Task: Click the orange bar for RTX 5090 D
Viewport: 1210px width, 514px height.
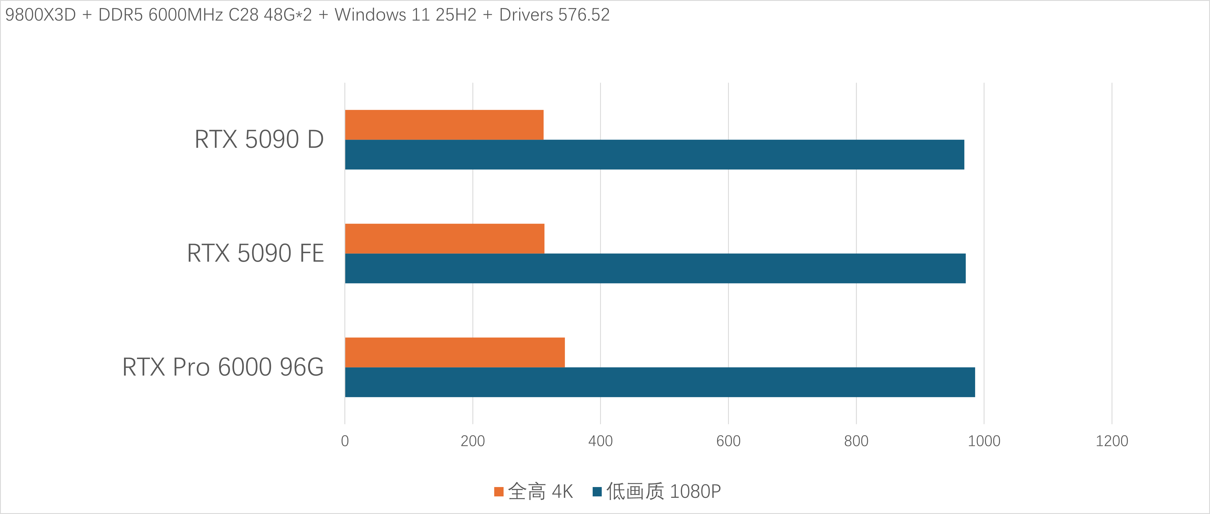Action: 444,125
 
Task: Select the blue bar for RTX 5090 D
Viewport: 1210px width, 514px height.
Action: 654,155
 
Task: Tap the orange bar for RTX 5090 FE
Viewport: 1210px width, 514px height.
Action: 444,239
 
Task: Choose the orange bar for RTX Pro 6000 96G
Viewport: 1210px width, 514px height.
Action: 455,353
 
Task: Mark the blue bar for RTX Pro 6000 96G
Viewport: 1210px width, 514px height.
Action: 660,382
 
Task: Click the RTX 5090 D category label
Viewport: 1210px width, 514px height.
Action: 259,140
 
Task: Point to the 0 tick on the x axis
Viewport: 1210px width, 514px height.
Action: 345,441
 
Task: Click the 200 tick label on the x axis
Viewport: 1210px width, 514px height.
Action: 473,441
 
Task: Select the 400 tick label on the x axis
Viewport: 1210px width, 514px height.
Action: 600,441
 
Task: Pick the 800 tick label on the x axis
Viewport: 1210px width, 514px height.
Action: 856,441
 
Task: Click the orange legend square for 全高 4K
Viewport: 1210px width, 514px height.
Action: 499,492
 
